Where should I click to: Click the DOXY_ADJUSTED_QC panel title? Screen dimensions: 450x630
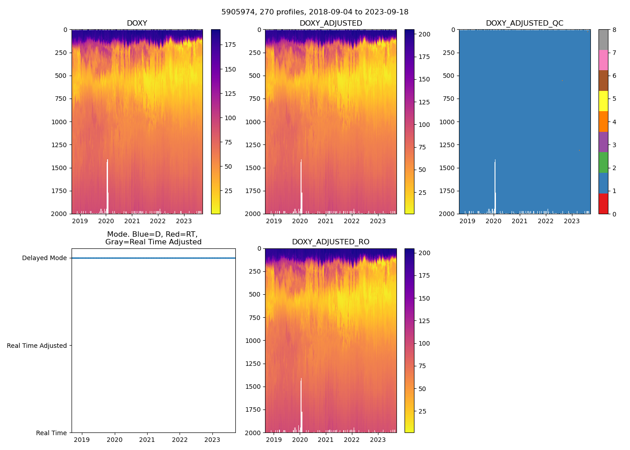[x=524, y=23]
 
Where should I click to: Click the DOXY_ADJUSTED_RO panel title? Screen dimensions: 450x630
[x=331, y=242]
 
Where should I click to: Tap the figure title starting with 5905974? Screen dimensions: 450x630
[x=315, y=12]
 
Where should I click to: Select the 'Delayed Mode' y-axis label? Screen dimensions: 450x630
[x=44, y=258]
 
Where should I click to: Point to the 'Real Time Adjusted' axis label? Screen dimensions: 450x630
[x=37, y=346]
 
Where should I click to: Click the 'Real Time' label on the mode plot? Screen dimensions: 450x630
[x=51, y=433]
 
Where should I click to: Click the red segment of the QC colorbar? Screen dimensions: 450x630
[x=603, y=203]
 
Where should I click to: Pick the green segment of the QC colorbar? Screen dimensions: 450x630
[x=603, y=162]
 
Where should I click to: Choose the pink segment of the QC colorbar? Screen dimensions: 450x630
[x=603, y=60]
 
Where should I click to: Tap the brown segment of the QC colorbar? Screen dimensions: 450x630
[x=603, y=81]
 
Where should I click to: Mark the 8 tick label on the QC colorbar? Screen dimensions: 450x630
[x=614, y=30]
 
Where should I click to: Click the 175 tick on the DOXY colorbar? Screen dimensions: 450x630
[x=230, y=45]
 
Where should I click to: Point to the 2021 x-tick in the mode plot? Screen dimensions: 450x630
[x=147, y=440]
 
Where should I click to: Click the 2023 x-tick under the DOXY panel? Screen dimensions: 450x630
[x=184, y=221]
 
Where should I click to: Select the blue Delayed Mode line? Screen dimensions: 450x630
[x=153, y=258]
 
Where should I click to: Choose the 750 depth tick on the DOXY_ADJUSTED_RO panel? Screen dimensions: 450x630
[x=255, y=318]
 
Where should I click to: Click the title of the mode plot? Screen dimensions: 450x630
[x=153, y=238]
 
